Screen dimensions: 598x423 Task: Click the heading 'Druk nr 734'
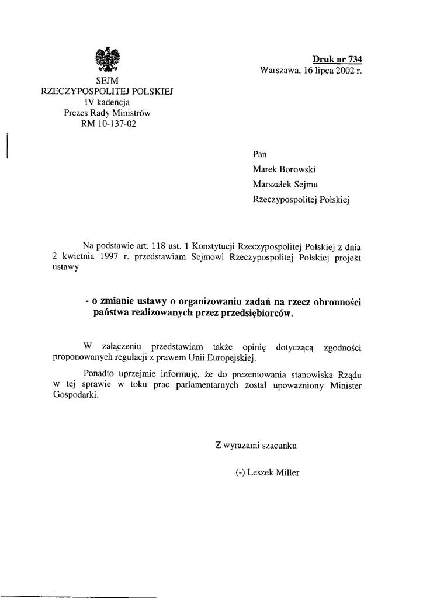337,59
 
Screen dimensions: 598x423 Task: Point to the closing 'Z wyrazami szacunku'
257,445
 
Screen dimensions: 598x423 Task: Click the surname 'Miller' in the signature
286,472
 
